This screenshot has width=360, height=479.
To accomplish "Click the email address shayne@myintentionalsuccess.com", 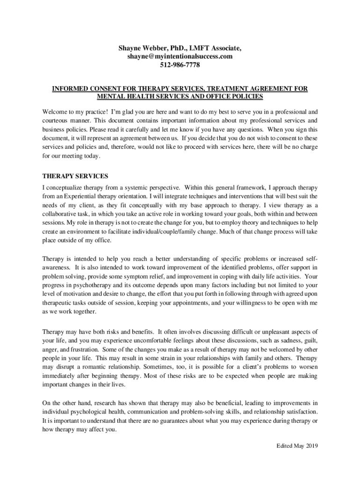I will click(x=180, y=57).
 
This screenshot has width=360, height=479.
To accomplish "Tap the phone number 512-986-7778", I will click(x=180, y=65).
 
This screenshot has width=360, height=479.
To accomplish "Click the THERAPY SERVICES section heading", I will click(x=75, y=176).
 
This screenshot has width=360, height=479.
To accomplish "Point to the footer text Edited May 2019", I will click(x=297, y=445).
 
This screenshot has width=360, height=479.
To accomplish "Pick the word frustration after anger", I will click(x=83, y=349).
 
